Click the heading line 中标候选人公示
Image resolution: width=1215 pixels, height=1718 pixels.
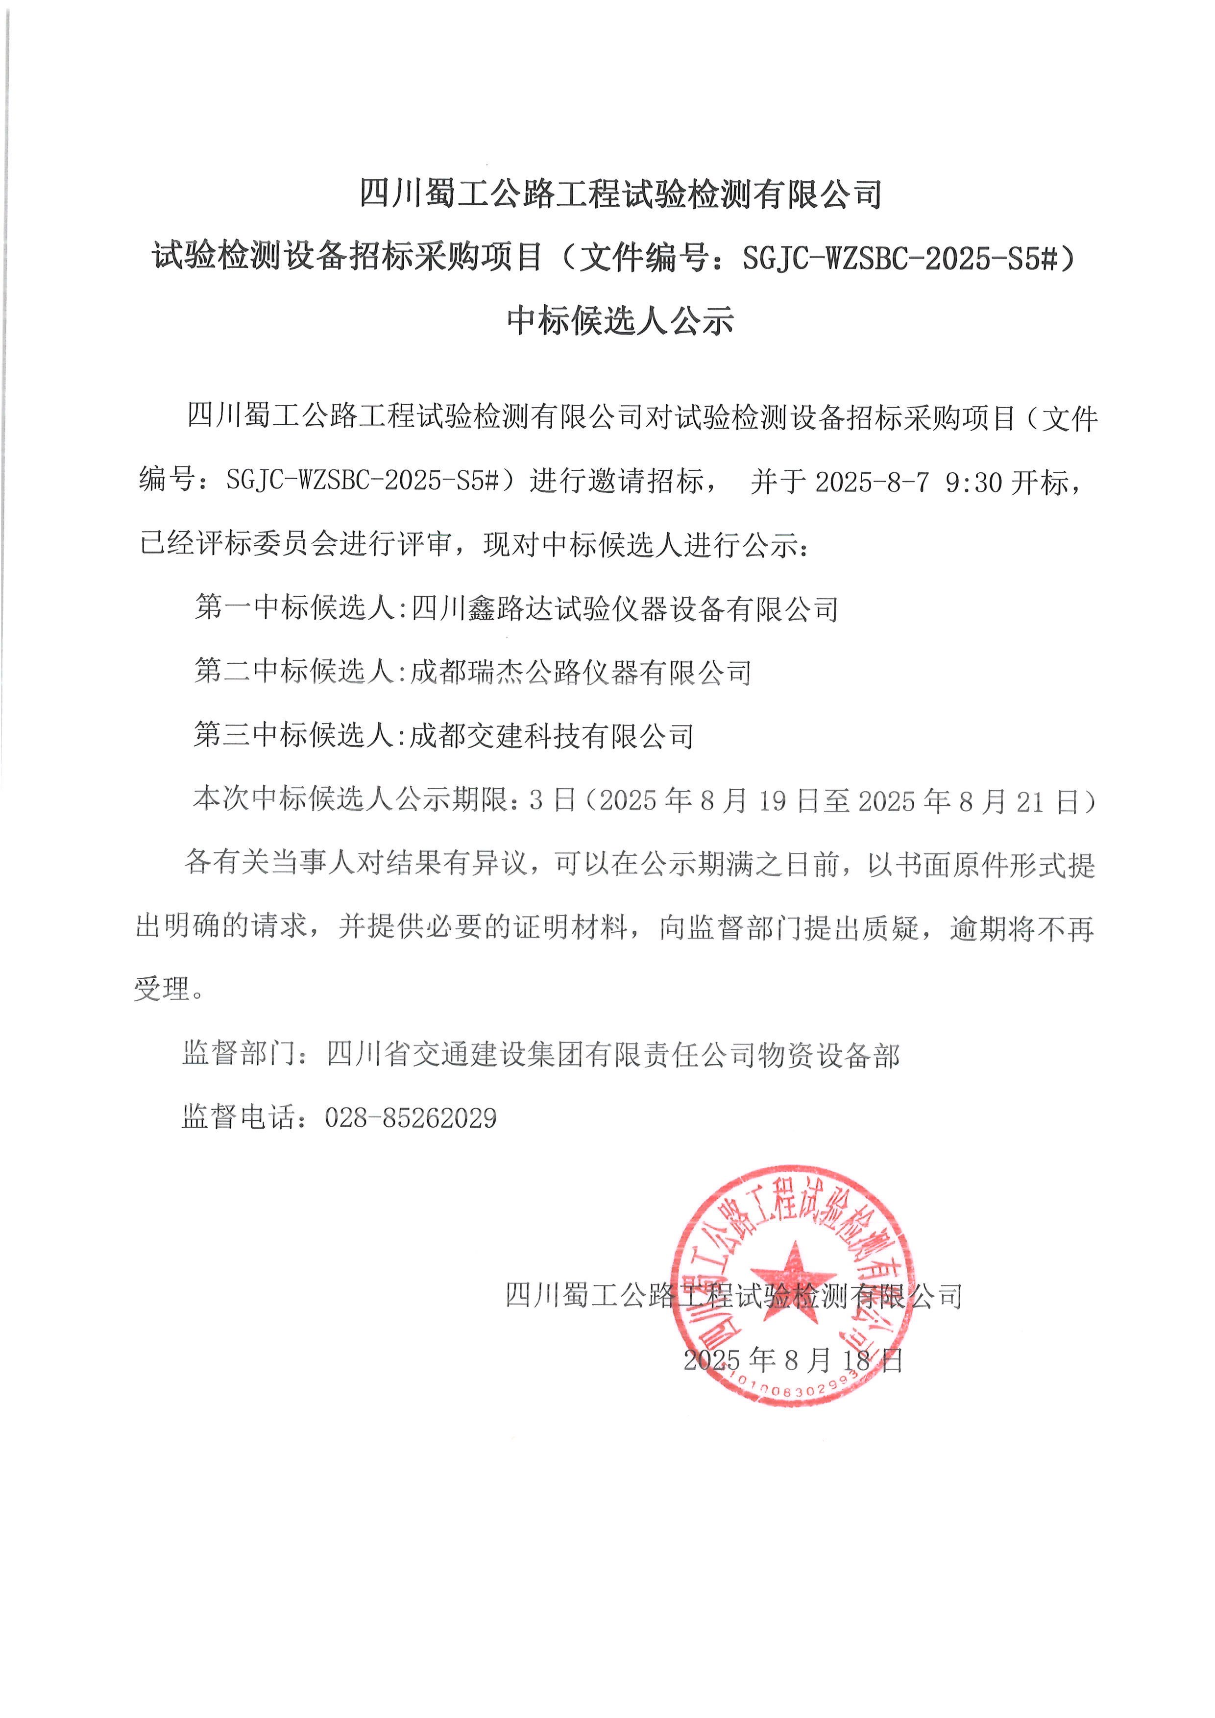(x=620, y=319)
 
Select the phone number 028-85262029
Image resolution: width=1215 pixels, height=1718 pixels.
(x=411, y=1118)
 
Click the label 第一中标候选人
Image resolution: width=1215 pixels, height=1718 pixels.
(x=295, y=608)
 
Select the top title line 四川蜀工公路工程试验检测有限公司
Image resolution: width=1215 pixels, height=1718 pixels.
(x=620, y=194)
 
